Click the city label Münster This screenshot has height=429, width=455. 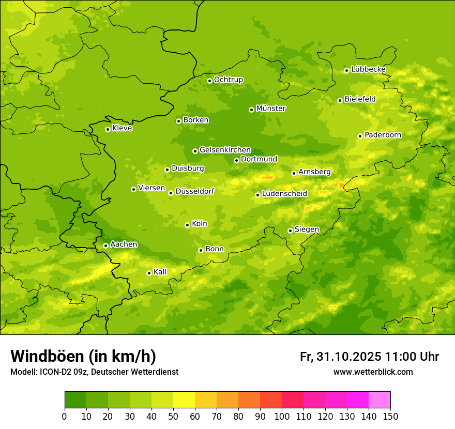click(270, 109)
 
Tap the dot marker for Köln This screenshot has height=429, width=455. click(187, 225)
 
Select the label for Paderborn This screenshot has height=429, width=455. click(383, 135)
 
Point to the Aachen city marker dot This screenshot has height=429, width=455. click(105, 246)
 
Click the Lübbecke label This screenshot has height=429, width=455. click(368, 69)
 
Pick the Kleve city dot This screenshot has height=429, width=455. click(108, 129)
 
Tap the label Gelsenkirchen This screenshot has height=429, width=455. click(225, 150)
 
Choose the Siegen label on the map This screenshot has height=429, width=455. click(307, 229)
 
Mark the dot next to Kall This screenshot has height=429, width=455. click(149, 273)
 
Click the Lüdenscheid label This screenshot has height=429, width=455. click(284, 194)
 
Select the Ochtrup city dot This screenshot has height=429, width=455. click(209, 81)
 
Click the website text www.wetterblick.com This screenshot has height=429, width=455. click(373, 372)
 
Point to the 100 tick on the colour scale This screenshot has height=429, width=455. click(282, 416)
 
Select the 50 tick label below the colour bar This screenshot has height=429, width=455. click(173, 416)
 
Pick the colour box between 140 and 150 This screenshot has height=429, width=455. click(380, 400)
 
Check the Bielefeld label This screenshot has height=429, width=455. click(360, 99)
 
